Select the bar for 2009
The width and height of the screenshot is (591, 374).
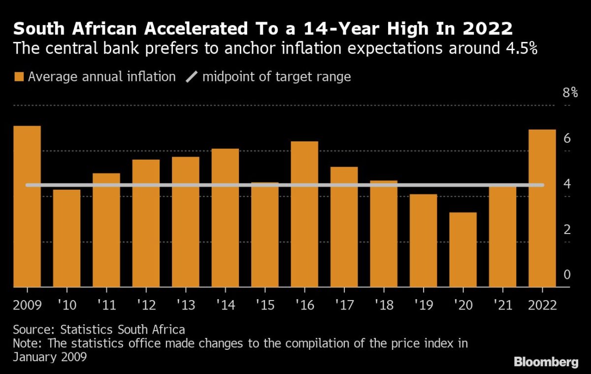(27, 206)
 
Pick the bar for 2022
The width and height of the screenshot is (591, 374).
(542, 208)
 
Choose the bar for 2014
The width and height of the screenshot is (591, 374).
(225, 217)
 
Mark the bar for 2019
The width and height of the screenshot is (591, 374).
(423, 240)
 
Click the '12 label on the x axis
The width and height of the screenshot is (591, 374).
(146, 305)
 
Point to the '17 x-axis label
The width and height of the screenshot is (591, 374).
(344, 305)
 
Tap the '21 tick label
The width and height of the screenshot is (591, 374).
(502, 305)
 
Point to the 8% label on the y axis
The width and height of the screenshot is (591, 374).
(570, 93)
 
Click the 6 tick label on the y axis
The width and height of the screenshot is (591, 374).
(567, 138)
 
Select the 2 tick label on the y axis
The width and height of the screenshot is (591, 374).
(567, 230)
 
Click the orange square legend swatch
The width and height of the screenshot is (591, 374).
(19, 77)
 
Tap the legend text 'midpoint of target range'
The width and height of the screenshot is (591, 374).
(276, 77)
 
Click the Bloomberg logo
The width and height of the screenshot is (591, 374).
(546, 362)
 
